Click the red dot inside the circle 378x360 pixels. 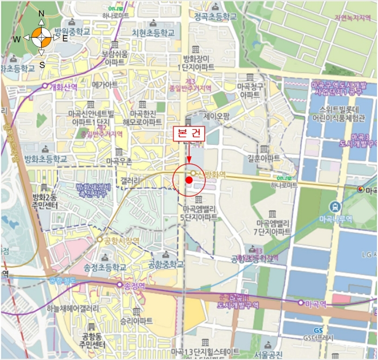188,180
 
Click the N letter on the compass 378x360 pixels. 42,14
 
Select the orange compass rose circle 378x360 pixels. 42,38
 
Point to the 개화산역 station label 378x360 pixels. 63,86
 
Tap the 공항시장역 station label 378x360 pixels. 122,239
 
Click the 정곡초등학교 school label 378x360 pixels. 215,17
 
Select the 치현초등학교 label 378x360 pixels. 154,32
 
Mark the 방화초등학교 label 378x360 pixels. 46,159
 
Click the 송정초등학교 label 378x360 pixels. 105,267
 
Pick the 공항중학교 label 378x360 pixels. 166,264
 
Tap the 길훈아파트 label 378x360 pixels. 264,158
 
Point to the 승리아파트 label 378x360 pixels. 137,321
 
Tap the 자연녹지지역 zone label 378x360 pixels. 353,17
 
